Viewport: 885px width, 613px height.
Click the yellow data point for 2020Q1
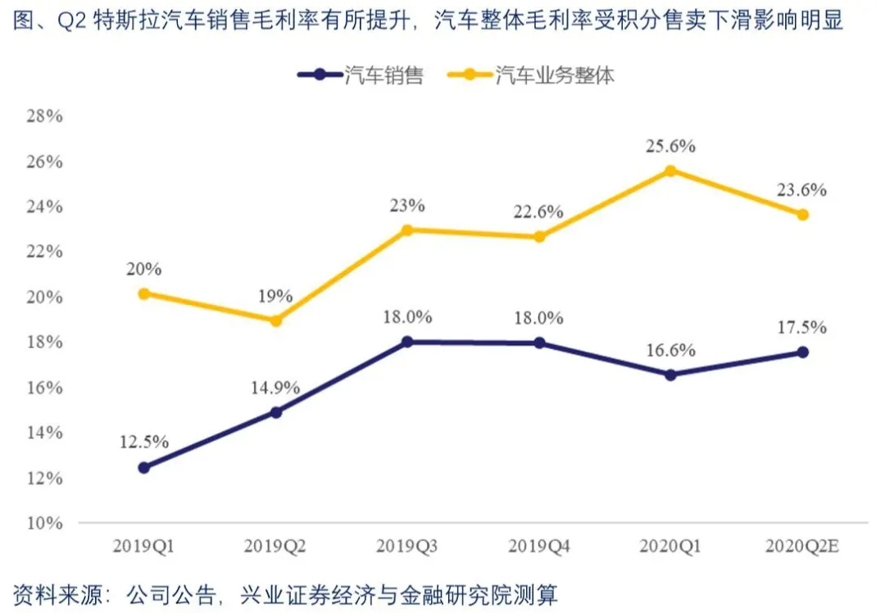[x=670, y=170]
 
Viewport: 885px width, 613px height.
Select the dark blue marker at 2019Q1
[x=144, y=467]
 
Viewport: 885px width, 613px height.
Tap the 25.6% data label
[x=670, y=146]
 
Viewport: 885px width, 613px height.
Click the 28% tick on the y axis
[x=45, y=116]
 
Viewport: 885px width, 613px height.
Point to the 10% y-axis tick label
[x=45, y=523]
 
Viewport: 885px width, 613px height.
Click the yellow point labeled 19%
[x=276, y=320]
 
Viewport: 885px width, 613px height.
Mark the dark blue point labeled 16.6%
[x=670, y=375]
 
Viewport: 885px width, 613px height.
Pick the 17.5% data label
[x=801, y=327]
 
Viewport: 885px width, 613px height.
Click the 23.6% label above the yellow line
[x=801, y=189]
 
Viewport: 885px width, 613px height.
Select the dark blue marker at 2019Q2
[x=276, y=412]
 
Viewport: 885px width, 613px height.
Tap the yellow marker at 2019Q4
[x=539, y=237]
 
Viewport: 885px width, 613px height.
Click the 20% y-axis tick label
[x=45, y=297]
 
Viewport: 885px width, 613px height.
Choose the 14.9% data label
[x=276, y=388]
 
